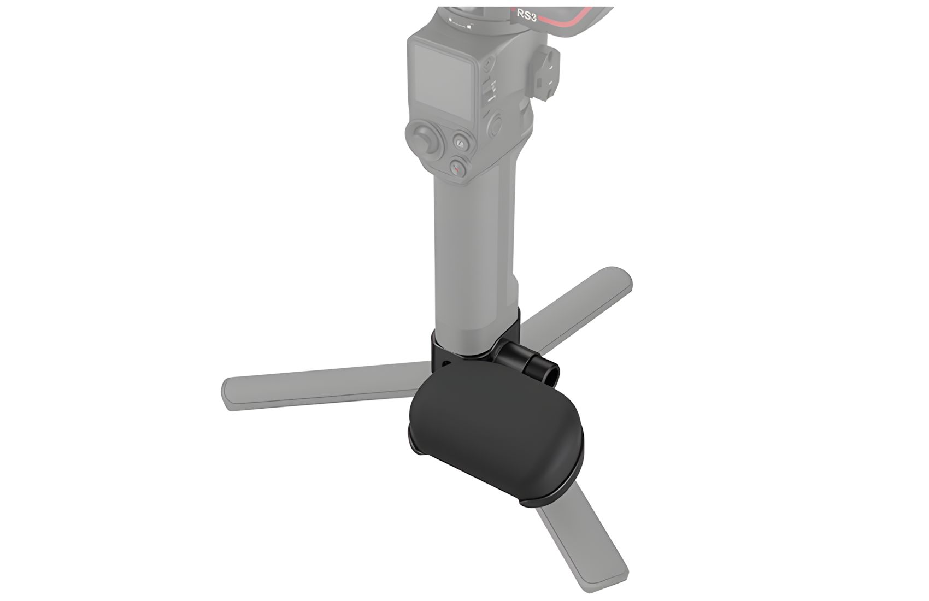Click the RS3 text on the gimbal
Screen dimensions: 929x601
point(526,15)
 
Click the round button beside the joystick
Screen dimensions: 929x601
point(461,143)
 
